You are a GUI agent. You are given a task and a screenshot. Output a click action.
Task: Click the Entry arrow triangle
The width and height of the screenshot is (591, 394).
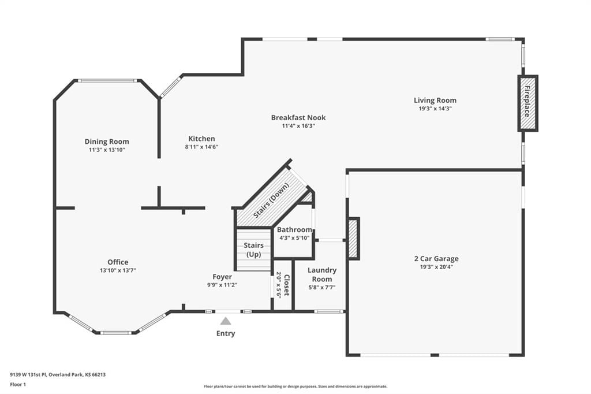(x=226, y=321)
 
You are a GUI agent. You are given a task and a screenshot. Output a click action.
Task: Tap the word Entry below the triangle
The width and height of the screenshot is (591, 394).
(x=226, y=333)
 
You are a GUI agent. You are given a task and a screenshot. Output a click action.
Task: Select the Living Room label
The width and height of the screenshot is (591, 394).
(x=435, y=101)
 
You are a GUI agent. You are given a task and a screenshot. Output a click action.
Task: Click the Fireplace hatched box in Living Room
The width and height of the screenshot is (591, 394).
(x=528, y=103)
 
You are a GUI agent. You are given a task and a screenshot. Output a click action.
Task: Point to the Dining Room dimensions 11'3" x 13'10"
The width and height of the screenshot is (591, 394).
(x=107, y=150)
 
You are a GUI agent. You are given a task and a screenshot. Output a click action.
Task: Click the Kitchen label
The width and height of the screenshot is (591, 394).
(x=201, y=139)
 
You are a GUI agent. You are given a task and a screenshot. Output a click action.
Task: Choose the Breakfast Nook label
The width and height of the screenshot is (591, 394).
(x=298, y=118)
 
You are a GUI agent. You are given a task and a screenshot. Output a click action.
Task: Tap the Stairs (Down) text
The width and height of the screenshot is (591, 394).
(x=271, y=200)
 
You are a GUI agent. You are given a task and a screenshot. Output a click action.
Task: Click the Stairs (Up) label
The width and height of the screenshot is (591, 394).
(x=253, y=250)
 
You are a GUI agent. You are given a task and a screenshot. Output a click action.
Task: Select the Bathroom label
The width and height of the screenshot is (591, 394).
(x=294, y=230)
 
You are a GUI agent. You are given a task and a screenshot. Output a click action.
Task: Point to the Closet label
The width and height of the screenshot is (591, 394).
(x=286, y=285)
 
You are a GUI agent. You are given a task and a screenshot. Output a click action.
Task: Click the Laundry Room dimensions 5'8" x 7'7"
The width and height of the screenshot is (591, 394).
(x=322, y=288)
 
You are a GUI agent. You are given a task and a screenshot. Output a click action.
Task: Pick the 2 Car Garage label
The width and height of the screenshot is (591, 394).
(x=436, y=259)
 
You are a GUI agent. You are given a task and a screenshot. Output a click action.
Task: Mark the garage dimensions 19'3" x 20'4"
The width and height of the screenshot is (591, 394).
(x=436, y=267)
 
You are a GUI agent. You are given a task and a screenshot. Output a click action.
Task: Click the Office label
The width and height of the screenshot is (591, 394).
(x=118, y=262)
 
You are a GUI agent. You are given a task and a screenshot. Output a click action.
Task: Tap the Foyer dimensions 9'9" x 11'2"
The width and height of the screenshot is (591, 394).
(x=222, y=285)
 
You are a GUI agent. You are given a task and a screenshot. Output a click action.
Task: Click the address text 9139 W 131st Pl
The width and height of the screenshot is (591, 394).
(x=29, y=375)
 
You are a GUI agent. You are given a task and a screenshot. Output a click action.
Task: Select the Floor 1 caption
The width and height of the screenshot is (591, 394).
(x=18, y=385)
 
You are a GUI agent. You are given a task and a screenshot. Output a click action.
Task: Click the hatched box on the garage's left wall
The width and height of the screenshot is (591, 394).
(x=353, y=239)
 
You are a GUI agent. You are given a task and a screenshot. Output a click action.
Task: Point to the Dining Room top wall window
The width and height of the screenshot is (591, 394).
(x=107, y=81)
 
